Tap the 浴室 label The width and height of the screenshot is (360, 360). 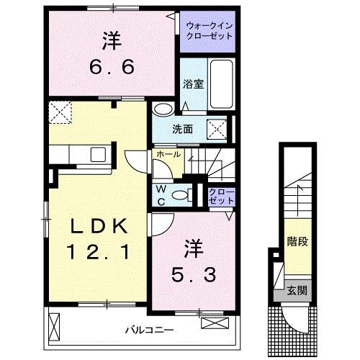tap(194, 83)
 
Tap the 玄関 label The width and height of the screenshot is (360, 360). tap(297, 291)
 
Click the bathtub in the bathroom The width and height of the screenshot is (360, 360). tap(222, 83)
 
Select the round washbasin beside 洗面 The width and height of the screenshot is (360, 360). tap(163, 110)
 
